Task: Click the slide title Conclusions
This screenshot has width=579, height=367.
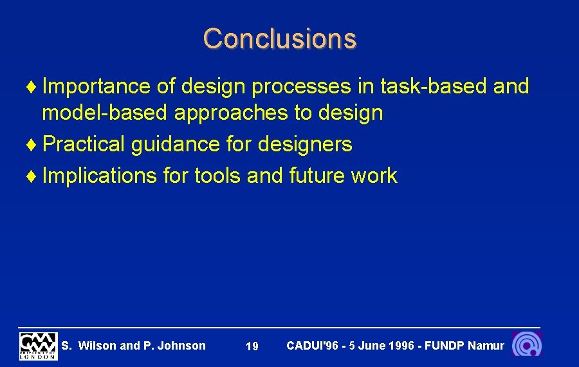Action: point(279,39)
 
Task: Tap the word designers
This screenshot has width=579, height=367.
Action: point(305,144)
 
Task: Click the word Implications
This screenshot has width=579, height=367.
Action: point(99,176)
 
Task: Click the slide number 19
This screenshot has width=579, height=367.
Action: point(252,347)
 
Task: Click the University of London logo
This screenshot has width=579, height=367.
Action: point(38,346)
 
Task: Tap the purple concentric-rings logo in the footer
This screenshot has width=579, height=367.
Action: point(527,344)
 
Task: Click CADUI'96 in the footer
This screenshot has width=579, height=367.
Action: point(312,346)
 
